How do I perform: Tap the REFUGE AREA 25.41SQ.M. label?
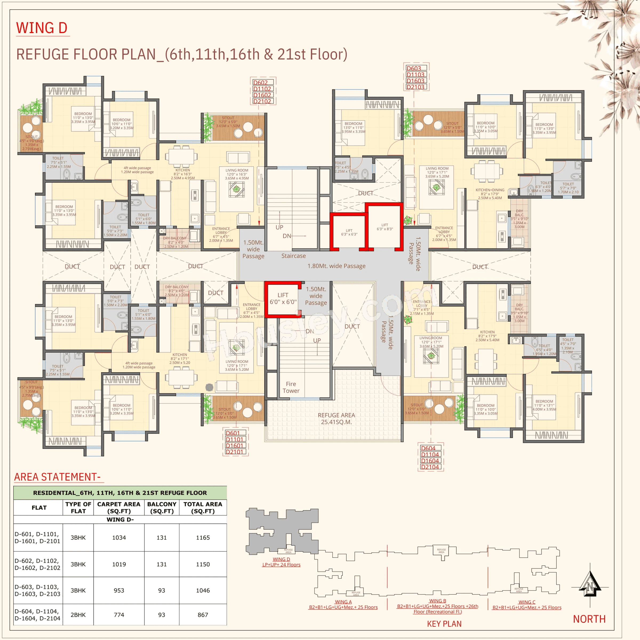(336, 418)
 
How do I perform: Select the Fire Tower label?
(291, 387)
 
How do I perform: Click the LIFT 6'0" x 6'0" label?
(283, 298)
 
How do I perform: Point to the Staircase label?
(294, 256)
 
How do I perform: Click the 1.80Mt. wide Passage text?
(336, 266)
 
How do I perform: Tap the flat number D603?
(414, 68)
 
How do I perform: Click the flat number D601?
(232, 433)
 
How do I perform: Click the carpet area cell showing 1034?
(119, 538)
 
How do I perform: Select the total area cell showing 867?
(203, 615)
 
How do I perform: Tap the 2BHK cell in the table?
(78, 615)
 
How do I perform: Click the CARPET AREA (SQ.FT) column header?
(119, 507)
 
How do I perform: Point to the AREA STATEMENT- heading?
(57, 477)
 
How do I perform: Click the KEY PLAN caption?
(444, 624)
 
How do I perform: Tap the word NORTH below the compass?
(589, 619)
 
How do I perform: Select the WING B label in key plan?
(437, 601)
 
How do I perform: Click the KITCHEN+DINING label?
(490, 190)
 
